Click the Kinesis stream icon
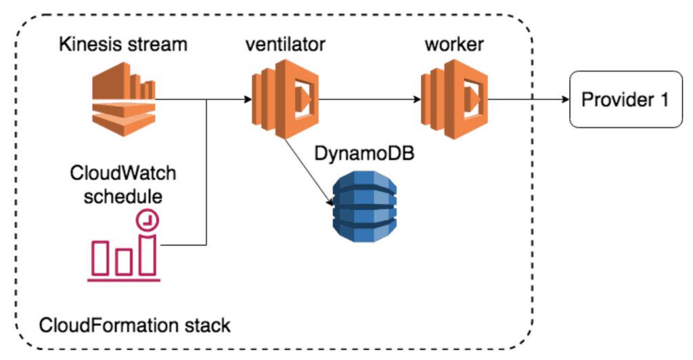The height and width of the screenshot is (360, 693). click(125, 101)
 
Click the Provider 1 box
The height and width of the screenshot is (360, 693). click(625, 100)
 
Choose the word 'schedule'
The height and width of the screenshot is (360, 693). click(123, 197)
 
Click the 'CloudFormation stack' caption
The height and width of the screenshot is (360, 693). click(135, 324)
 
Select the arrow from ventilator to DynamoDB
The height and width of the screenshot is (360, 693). click(308, 169)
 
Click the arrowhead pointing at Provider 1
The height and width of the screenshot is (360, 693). click(563, 100)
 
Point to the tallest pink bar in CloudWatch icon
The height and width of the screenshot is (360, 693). click(147, 254)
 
